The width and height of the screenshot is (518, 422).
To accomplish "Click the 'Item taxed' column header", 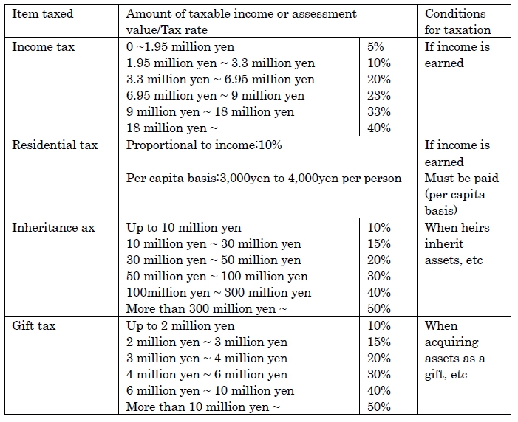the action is (43, 14).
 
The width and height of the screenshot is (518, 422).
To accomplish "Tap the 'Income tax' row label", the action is (44, 47).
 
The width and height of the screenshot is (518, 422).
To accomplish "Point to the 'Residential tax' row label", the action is (55, 145).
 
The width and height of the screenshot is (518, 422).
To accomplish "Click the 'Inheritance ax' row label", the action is (53, 228).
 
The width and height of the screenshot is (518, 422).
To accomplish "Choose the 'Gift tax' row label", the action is (34, 326).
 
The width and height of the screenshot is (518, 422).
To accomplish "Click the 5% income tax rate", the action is (375, 47).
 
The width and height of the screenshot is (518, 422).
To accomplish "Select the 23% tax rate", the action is (379, 96).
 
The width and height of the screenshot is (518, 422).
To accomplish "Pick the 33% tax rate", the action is (379, 112).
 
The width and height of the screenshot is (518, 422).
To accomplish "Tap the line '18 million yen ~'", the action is (171, 128).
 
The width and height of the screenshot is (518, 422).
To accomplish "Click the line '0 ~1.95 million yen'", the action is (180, 47).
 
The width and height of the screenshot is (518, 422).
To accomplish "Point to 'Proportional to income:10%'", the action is (204, 145).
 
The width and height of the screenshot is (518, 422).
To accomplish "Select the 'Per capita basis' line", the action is (264, 179).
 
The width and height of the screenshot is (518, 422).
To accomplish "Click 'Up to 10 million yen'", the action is (184, 228).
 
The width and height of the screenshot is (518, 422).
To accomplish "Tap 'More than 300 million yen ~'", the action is (206, 309).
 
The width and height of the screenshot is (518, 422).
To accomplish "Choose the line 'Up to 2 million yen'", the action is (180, 326).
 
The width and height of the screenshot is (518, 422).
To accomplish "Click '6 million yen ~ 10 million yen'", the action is (210, 391).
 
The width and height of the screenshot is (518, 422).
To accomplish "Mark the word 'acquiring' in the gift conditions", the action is (451, 343).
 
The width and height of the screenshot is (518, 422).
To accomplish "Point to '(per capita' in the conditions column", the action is (455, 195).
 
